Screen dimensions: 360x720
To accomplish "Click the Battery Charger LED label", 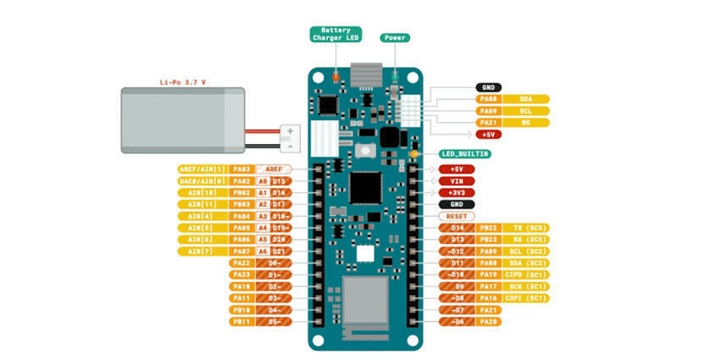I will coord(336,34).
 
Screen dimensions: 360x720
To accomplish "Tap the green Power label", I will coord(395,38).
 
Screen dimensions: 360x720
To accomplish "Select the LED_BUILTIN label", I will coord(465,154).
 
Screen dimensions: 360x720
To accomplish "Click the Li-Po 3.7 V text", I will coord(182,82).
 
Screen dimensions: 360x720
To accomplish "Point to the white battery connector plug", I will coord(290,136).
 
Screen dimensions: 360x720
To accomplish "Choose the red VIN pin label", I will coord(457,181).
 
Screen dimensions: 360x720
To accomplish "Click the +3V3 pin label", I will coord(457,193).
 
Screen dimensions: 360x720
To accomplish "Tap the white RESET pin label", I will coord(457,216).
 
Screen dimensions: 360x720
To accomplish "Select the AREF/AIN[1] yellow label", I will coord(202,169).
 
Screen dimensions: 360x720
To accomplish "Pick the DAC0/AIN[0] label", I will coord(202,181).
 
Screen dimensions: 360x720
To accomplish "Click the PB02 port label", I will coord(241,193).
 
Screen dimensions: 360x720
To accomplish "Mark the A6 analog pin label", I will coord(263,252).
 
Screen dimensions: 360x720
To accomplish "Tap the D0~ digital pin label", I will coord(274,263).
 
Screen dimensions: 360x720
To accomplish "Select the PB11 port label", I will coord(241,322).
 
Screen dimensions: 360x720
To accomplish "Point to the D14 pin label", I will coord(457,228).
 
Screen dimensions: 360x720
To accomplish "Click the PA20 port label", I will coord(489,322).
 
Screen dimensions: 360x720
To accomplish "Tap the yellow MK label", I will coord(526,123).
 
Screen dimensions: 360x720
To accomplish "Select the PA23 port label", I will coord(241,274).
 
